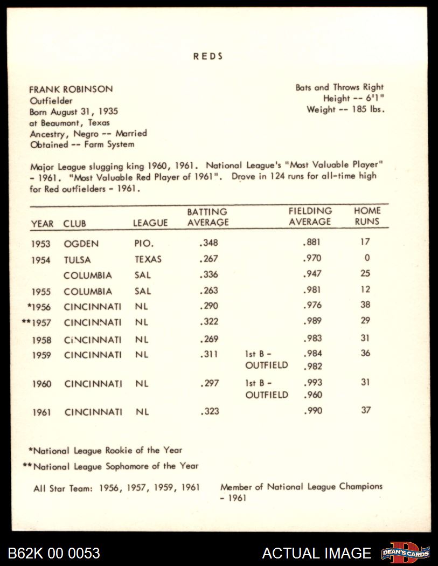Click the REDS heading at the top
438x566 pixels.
tap(208, 56)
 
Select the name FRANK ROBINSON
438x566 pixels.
tap(71, 89)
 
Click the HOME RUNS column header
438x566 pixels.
tap(367, 216)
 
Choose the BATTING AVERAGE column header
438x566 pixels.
tap(207, 217)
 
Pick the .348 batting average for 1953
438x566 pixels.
tap(208, 243)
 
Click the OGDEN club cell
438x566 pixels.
tap(81, 244)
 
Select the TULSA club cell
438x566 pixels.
tap(77, 260)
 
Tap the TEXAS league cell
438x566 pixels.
tap(148, 259)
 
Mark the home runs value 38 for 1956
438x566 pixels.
tap(365, 305)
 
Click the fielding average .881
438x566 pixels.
tap(312, 243)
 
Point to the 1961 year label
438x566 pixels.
tap(41, 412)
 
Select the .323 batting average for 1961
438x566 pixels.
tap(208, 412)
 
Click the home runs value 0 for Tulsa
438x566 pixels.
tap(367, 258)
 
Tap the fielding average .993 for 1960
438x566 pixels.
tap(312, 383)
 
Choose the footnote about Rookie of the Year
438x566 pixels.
tap(105, 450)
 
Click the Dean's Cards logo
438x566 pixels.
tap(405, 553)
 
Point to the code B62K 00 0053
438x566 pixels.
tap(54, 553)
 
